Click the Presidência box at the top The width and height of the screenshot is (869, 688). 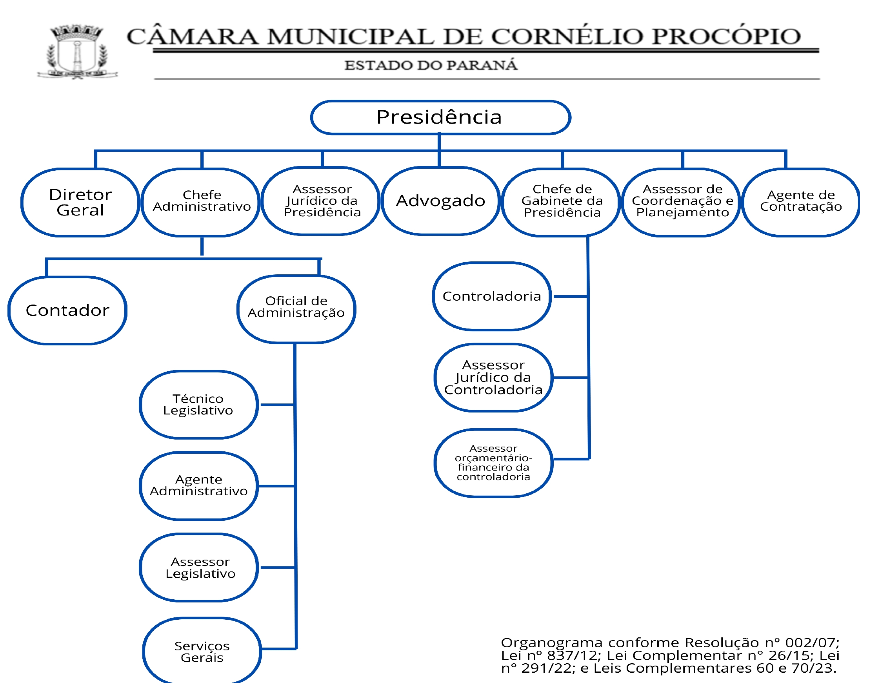click(440, 117)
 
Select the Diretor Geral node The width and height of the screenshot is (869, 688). click(80, 202)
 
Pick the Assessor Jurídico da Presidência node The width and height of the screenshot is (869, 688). click(322, 201)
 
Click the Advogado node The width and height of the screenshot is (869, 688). click(440, 201)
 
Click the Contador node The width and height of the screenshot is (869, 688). click(67, 310)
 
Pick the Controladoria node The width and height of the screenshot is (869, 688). click(491, 296)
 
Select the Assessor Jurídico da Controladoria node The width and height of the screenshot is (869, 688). click(493, 378)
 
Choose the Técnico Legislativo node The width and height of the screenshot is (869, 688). click(198, 404)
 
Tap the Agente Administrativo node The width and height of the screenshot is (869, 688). click(198, 485)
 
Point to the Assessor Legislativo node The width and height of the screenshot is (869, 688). click(200, 568)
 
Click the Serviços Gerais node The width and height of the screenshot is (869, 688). click(202, 652)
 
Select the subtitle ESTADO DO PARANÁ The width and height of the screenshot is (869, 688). click(430, 65)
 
